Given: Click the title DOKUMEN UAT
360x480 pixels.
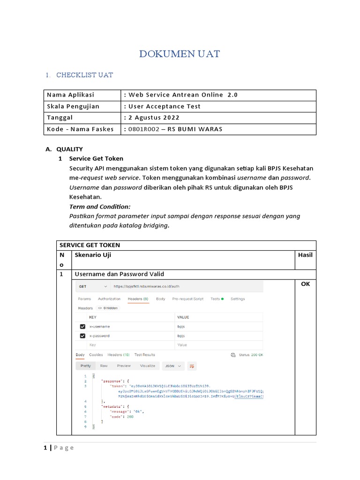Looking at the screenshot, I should [x=180, y=54].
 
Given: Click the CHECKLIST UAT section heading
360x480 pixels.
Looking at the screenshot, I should [x=84, y=75].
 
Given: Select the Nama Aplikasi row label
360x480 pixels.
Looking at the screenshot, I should [x=70, y=95].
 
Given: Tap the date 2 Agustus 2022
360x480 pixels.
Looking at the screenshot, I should [x=154, y=118].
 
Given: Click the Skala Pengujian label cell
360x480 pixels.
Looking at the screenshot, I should [x=73, y=106].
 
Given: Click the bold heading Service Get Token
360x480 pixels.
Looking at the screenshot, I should [x=96, y=158].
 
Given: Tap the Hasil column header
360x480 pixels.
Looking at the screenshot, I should [x=305, y=255].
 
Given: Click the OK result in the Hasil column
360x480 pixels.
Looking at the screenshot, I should [x=305, y=284].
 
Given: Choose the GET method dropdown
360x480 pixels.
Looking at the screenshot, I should [x=93, y=286].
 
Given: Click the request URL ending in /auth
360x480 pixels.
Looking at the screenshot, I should [x=147, y=286].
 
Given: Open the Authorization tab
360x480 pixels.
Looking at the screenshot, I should [x=109, y=299].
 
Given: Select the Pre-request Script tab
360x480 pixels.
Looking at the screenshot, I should [x=187, y=299].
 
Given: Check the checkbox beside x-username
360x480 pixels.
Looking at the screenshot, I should [x=82, y=326].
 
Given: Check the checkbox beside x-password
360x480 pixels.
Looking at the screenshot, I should [x=82, y=336].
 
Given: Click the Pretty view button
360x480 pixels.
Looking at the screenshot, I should [x=85, y=366].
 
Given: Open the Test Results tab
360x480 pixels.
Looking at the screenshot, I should [x=144, y=355].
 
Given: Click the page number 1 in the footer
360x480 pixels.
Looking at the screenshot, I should [x=45, y=448].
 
